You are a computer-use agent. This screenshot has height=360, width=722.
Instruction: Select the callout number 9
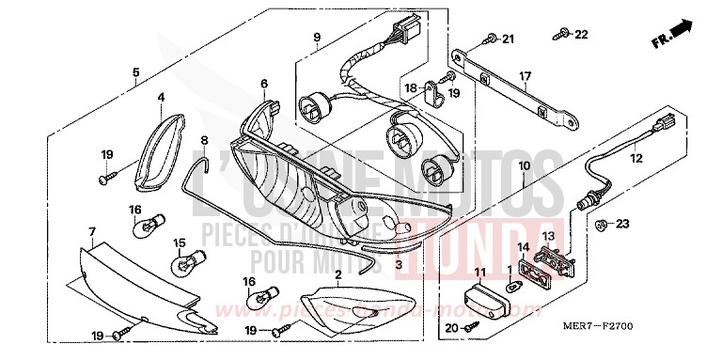coord(317,38)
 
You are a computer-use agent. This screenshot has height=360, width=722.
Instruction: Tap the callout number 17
coord(526,77)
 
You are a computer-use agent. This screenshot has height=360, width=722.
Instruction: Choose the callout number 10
coord(524,165)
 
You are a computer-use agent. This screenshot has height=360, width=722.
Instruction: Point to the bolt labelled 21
coord(491,39)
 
